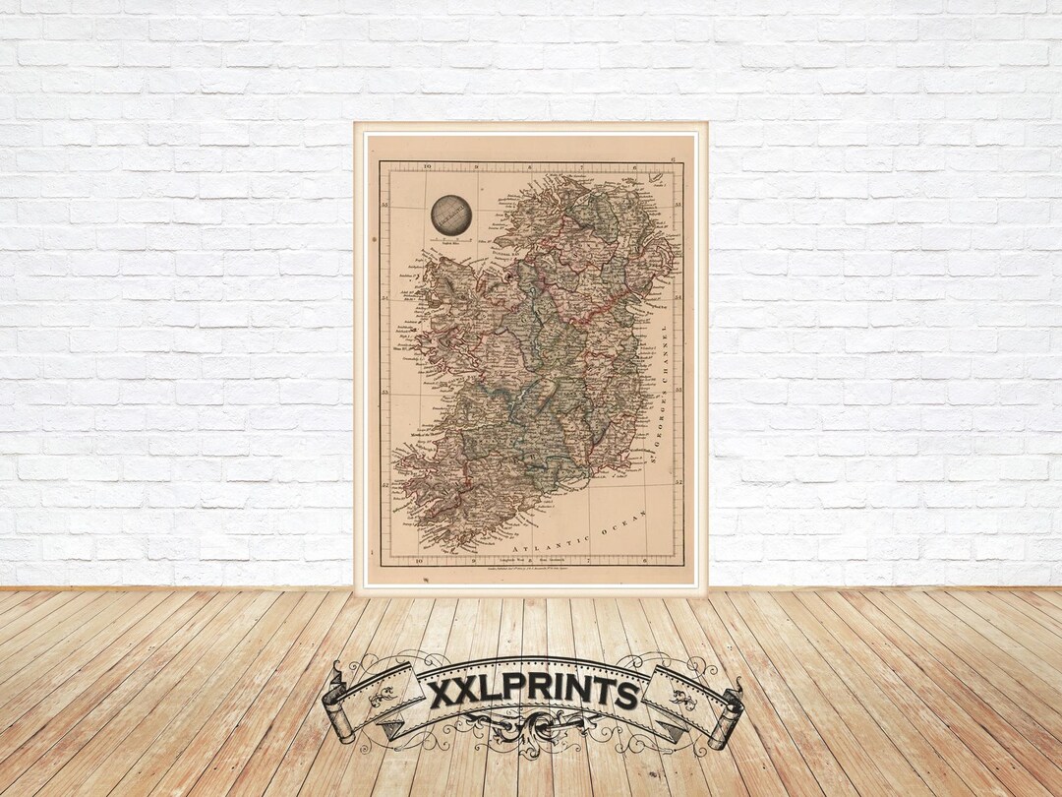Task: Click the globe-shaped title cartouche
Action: (451, 215)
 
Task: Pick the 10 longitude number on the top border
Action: (428, 166)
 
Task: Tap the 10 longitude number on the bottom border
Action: (420, 561)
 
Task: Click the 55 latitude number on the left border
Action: (384, 205)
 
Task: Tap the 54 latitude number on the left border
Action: (384, 296)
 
